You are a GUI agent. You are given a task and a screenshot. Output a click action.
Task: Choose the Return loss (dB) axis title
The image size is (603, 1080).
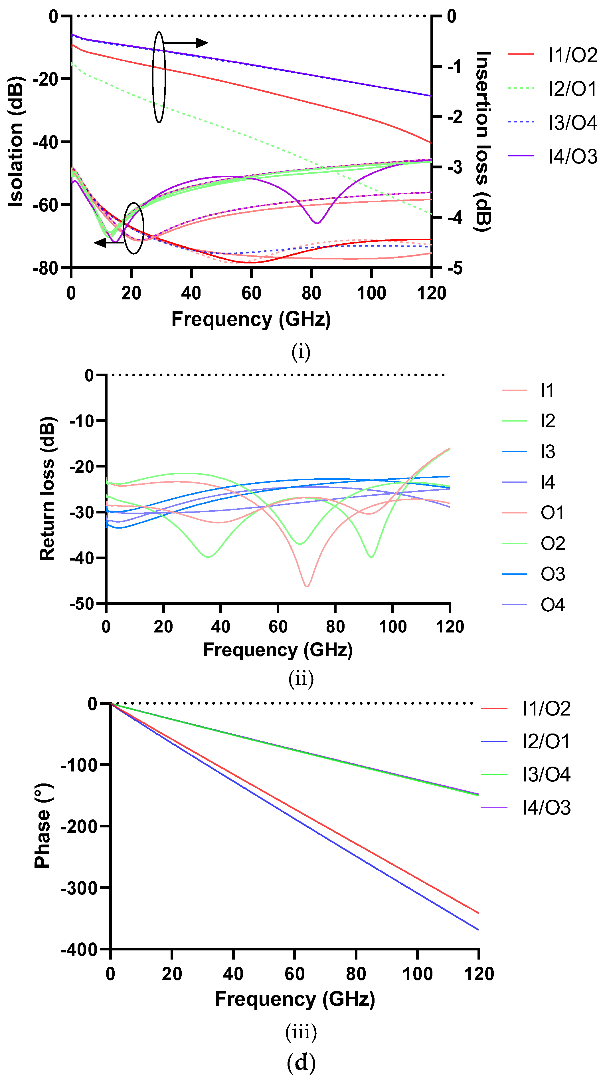click(x=47, y=489)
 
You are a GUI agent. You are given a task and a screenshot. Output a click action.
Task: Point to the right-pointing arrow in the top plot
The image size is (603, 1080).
click(x=187, y=43)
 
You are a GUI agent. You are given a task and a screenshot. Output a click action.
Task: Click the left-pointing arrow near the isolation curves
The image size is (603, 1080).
click(x=108, y=242)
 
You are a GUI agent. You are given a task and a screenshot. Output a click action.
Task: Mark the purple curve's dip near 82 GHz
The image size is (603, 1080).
click(x=317, y=223)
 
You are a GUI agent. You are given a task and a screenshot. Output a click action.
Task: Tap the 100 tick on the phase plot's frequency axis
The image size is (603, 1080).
click(x=417, y=974)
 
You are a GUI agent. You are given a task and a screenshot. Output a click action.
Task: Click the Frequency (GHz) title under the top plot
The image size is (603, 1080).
click(x=251, y=319)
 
